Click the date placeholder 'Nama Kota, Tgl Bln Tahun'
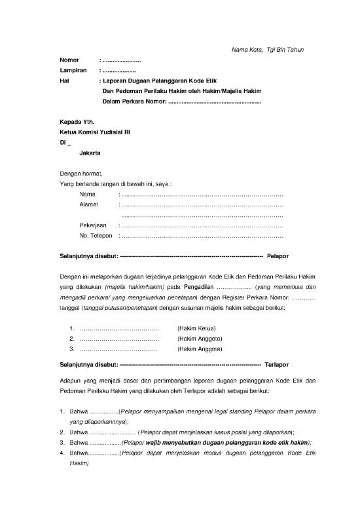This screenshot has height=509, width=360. pos(268,50)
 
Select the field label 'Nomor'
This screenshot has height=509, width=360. pos(69,60)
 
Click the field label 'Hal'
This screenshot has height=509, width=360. pos(64,81)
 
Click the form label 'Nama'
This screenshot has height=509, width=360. pos(87,195)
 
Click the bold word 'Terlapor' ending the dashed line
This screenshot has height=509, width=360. pos(277,364)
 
